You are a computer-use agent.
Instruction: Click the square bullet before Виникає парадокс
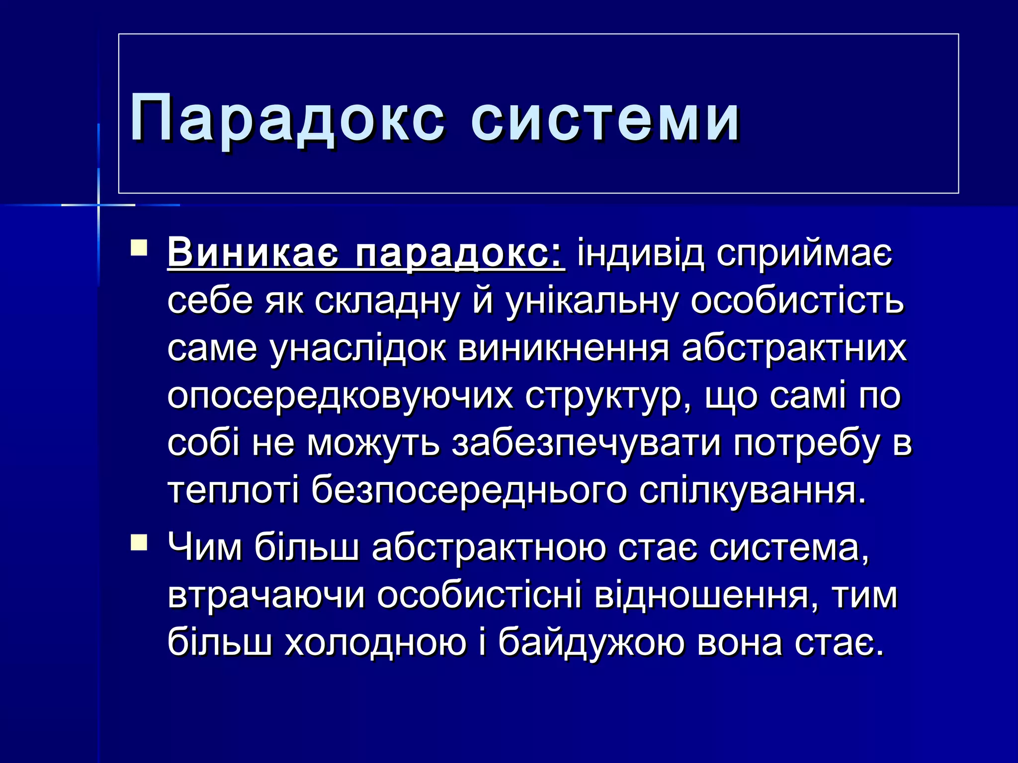point(139,247)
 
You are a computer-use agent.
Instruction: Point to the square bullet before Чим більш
point(139,542)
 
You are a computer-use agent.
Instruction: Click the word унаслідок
point(358,348)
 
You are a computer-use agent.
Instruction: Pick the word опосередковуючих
point(340,396)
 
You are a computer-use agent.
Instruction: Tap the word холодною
point(376,643)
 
